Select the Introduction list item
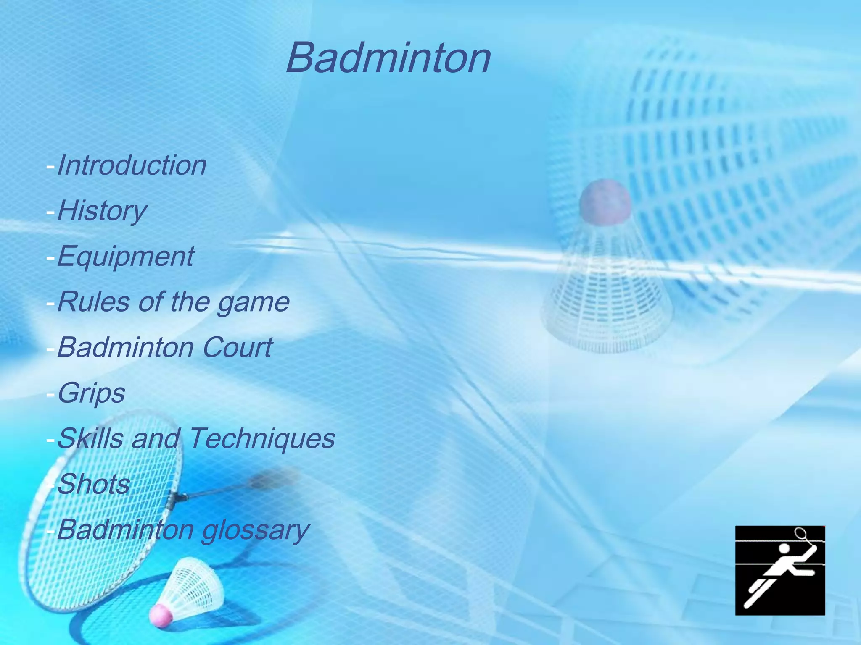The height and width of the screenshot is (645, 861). (x=132, y=165)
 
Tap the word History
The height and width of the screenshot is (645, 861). (x=102, y=211)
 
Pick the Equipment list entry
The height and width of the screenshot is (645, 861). (x=125, y=256)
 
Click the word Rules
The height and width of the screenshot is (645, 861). (x=93, y=302)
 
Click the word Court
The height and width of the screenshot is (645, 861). (x=238, y=347)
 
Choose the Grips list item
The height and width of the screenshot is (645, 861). (x=91, y=393)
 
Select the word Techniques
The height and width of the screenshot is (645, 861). (x=262, y=438)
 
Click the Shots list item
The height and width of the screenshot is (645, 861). (x=93, y=484)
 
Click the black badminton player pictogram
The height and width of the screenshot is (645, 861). (x=780, y=570)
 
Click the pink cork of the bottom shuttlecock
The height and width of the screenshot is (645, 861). (x=161, y=615)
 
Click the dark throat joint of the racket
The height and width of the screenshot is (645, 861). (x=177, y=498)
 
